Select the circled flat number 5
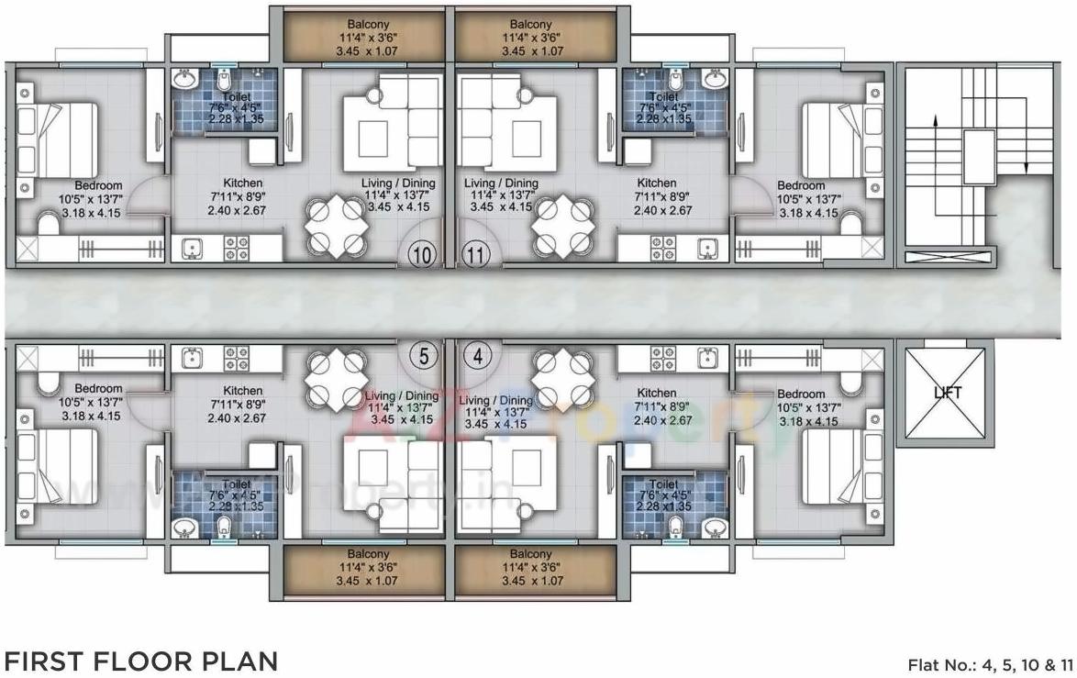coord(423,355)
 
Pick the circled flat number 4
coord(477,355)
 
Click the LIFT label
coord(947,393)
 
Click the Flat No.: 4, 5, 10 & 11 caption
coord(989,664)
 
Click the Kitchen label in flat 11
coord(656,183)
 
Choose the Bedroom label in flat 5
coord(98,389)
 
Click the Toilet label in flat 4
coord(663,483)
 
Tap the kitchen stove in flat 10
coord(237,248)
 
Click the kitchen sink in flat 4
coord(707,357)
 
